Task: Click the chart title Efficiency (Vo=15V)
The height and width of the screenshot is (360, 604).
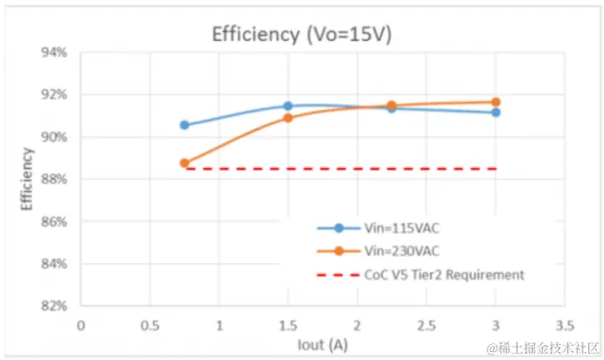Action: [x=302, y=35]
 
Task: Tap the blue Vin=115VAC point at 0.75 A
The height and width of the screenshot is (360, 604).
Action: [x=184, y=125]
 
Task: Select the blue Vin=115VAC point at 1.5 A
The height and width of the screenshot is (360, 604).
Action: [x=288, y=106]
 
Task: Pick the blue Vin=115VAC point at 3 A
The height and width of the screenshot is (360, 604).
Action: [x=495, y=112]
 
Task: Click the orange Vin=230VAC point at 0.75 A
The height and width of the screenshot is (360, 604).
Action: [x=184, y=164]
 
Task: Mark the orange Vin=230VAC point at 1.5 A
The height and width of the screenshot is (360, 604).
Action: [x=288, y=117]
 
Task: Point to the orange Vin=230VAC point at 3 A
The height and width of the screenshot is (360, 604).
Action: [x=495, y=102]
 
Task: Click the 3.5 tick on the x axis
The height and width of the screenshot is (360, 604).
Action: [x=565, y=324]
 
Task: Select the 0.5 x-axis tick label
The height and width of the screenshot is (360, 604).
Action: [x=149, y=324]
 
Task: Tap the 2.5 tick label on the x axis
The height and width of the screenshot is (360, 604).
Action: [x=426, y=324]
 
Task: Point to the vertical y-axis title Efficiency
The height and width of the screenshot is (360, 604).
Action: [x=27, y=179]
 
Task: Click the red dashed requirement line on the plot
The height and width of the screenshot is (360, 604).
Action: [x=356, y=168]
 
